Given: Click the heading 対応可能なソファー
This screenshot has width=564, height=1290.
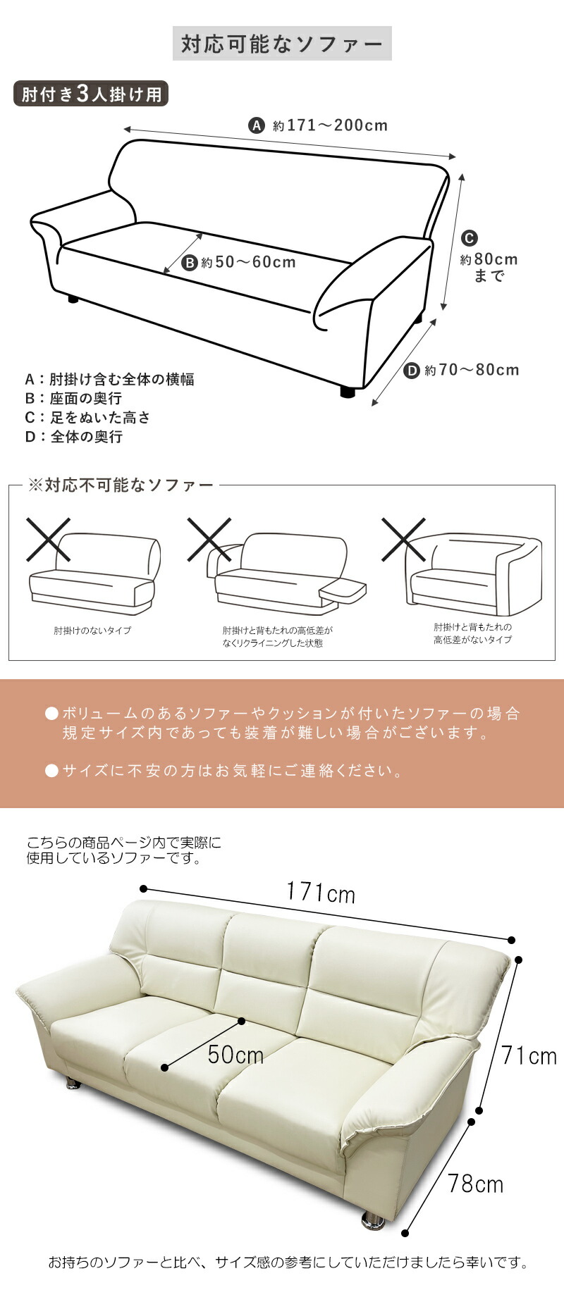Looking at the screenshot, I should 282,44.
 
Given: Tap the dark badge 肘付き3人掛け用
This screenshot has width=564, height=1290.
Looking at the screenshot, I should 91,94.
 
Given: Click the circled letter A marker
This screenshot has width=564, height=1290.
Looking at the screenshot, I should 257,126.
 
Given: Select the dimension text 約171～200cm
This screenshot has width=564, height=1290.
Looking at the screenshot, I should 331,126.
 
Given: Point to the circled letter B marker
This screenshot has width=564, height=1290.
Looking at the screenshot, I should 190,263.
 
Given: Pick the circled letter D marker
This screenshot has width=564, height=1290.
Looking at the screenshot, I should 412,371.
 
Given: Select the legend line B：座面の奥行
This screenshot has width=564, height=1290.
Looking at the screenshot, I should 73,399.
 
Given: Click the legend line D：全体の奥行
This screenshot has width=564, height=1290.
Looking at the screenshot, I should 74,437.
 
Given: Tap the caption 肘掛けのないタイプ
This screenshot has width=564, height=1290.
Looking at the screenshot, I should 92,631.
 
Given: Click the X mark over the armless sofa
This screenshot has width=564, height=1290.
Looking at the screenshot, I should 48,540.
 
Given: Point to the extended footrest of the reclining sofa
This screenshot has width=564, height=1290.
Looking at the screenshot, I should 343,590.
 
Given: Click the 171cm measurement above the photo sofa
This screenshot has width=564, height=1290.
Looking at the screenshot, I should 320,893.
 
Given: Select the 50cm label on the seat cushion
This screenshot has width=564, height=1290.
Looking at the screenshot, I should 235,1055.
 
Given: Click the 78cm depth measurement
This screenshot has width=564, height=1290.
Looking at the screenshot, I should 475,1184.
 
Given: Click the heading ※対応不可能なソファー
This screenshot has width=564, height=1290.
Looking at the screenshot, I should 120,485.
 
